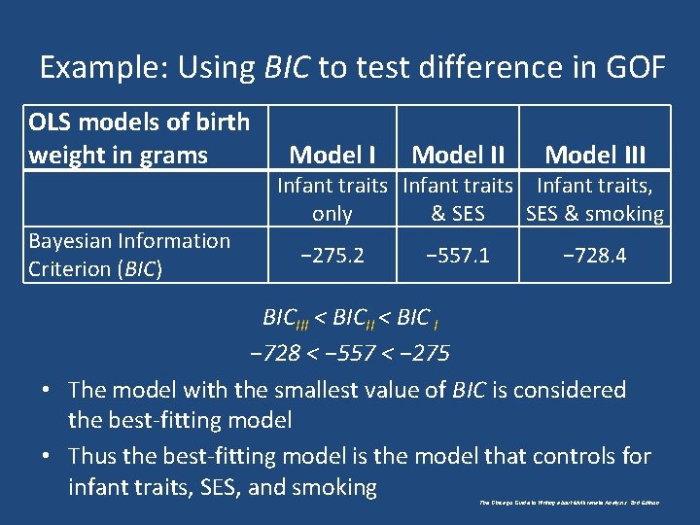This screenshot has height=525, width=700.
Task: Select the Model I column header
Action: (x=332, y=155)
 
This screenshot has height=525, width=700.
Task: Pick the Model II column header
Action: (x=458, y=155)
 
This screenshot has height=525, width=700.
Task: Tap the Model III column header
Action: (x=595, y=155)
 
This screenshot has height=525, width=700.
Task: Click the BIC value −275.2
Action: (x=332, y=256)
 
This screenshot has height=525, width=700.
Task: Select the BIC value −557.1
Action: (x=458, y=256)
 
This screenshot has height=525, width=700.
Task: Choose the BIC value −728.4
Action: (x=595, y=256)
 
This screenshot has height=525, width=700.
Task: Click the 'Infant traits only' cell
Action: (x=332, y=199)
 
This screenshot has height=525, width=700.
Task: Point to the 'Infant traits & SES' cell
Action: (x=458, y=199)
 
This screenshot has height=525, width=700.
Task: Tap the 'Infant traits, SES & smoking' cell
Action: (x=595, y=199)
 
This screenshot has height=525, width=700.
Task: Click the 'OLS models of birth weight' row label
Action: (x=138, y=138)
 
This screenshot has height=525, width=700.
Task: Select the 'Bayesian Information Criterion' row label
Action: (x=129, y=255)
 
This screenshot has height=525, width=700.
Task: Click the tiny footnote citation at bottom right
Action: (x=570, y=503)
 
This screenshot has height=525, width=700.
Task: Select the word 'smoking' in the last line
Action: (x=335, y=487)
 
